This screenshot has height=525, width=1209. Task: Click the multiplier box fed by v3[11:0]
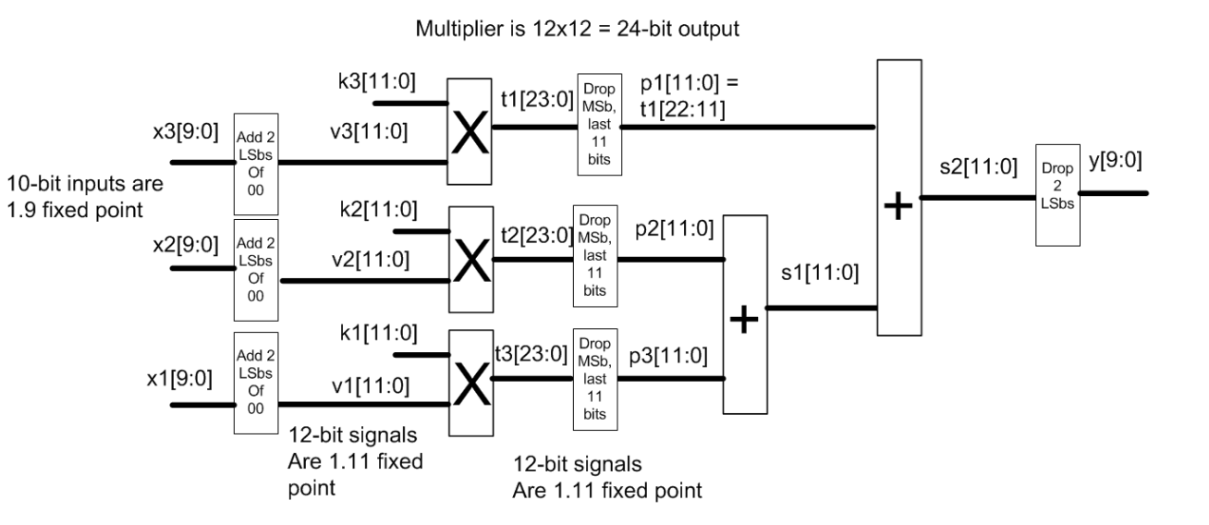pos(470,129)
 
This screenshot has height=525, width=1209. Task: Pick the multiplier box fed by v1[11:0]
pos(470,379)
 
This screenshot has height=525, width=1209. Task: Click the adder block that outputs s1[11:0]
pos(745,314)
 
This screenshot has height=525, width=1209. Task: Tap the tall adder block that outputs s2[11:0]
pos(899,197)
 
